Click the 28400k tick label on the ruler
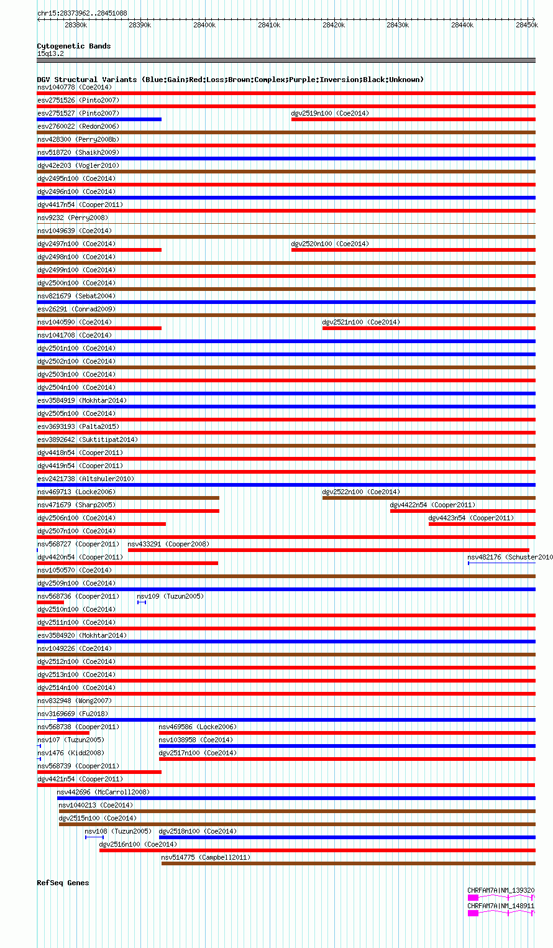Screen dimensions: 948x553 click(x=204, y=25)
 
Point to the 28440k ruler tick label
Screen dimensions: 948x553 click(x=462, y=25)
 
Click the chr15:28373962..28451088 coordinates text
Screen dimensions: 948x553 click(x=82, y=13)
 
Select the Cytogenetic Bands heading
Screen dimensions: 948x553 click(x=74, y=46)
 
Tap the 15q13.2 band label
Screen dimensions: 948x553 click(x=50, y=53)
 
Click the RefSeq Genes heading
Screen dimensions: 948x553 click(x=63, y=883)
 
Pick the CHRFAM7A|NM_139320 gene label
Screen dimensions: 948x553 click(x=501, y=890)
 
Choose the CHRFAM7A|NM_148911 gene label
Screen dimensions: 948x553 click(x=501, y=906)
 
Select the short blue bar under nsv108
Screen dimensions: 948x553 click(x=94, y=837)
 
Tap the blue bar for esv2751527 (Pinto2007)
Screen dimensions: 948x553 click(x=99, y=119)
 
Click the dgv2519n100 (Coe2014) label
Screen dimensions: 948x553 click(x=330, y=113)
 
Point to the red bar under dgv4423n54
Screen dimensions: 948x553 click(x=482, y=524)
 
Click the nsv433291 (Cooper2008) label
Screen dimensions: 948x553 click(x=168, y=544)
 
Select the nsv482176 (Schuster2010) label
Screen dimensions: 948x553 click(x=510, y=557)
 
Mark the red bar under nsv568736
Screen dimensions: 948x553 click(x=50, y=602)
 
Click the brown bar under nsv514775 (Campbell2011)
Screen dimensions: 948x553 click(x=348, y=863)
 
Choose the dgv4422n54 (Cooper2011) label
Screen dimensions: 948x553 click(x=432, y=505)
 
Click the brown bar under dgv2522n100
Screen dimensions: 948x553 click(x=429, y=498)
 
